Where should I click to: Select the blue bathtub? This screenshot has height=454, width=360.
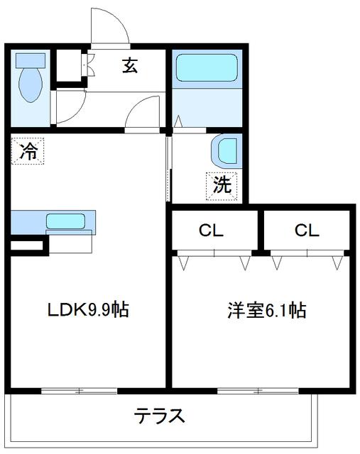coord(205,70)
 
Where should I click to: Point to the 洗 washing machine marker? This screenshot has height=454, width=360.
coord(222,186)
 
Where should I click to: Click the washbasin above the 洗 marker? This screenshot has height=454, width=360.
coord(227,151)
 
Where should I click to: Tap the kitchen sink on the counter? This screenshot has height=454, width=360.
coord(65,221)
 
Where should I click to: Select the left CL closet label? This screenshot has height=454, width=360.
coord(211,231)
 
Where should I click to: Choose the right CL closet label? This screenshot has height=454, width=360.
coord(307,231)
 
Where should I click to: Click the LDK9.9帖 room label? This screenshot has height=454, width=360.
coord(88,311)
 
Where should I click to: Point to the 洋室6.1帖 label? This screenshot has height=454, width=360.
coord(266,311)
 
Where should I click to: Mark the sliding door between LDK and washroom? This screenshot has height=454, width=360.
coord(169,169)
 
